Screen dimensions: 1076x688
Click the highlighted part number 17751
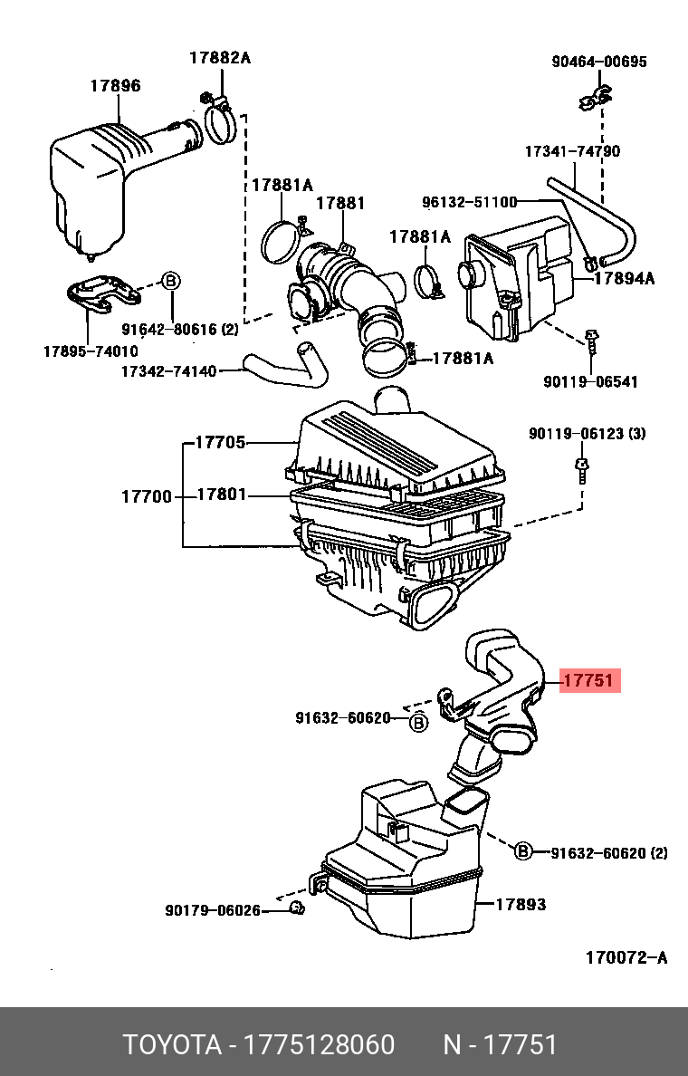point(588,680)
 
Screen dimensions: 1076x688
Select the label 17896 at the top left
point(115,86)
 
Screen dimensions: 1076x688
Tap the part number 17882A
point(219,58)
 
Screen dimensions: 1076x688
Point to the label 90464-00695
point(599,62)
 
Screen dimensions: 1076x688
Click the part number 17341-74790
point(572,151)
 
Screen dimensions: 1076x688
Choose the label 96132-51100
point(469,202)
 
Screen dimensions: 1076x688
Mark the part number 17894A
point(624,279)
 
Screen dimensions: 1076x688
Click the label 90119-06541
point(590,381)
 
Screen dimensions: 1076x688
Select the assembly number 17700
point(146,495)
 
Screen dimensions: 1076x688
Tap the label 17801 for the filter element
point(221,495)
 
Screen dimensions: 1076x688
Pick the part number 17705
point(221,443)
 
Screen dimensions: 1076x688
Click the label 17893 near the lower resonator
point(521,904)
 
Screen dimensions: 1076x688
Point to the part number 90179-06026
point(213,910)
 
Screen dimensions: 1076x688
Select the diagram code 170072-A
point(626,957)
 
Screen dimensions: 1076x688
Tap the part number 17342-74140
point(168,371)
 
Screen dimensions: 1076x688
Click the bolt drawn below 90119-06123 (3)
point(580,470)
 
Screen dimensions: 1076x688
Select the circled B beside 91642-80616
point(169,281)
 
